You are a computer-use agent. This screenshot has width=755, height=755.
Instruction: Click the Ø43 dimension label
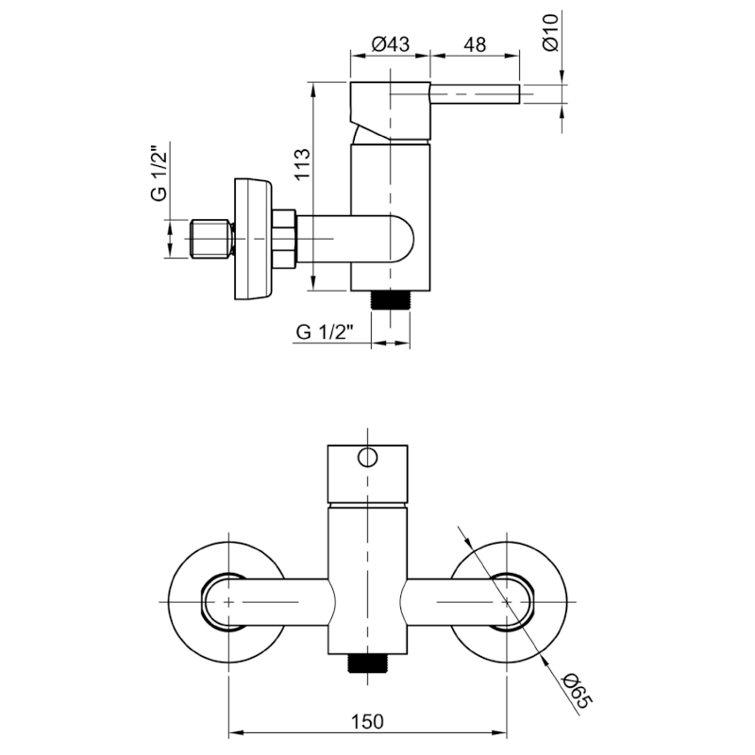[391, 42]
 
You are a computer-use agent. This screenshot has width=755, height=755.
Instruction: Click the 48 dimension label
[475, 42]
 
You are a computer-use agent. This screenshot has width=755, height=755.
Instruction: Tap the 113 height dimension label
[299, 168]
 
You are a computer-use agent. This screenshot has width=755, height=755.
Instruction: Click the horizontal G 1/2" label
[324, 331]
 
